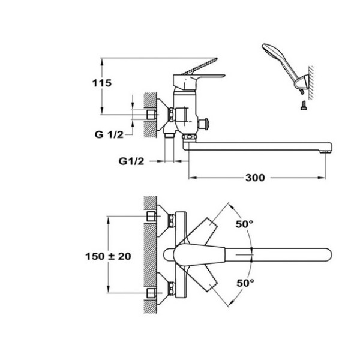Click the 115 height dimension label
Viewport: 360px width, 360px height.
tap(102, 83)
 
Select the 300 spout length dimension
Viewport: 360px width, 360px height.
tap(255, 178)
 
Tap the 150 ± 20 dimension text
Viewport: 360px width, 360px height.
tap(108, 256)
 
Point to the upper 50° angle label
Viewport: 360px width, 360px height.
tap(245, 224)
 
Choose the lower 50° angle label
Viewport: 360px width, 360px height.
tap(245, 283)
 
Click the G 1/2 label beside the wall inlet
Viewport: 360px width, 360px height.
tap(109, 134)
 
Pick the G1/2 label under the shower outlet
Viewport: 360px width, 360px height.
tap(131, 161)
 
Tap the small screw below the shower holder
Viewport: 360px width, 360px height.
tap(303, 106)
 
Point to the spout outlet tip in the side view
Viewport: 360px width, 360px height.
tap(325, 152)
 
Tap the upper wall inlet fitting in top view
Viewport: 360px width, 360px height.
tap(151, 216)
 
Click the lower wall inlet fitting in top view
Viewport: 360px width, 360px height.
tap(151, 293)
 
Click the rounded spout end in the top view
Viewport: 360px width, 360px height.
tap(327, 254)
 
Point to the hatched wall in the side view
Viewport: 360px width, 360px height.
tap(151, 115)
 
